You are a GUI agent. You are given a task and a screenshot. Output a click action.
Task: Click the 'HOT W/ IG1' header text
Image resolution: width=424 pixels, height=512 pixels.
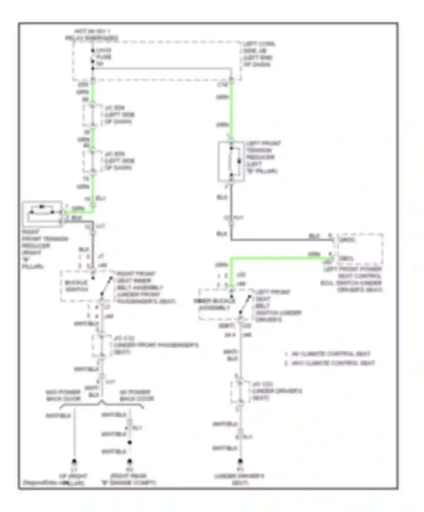(x=92, y=31)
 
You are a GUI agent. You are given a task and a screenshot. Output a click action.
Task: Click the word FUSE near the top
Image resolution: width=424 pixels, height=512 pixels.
(x=104, y=57)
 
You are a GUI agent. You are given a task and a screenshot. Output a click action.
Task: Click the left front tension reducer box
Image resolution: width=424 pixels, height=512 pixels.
(x=231, y=161)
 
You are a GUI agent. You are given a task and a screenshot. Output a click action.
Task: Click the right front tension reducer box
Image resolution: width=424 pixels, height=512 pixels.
(x=42, y=214)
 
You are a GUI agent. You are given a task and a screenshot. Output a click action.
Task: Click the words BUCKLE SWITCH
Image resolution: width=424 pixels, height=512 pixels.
(x=76, y=286)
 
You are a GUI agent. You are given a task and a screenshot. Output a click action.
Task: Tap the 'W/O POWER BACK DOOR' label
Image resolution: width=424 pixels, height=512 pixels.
(x=63, y=395)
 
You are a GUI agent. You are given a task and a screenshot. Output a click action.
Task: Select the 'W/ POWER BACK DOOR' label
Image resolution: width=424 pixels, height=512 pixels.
(x=137, y=395)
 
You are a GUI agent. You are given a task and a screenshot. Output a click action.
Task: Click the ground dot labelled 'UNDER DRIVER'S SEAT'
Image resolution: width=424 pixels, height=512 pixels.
(x=240, y=461)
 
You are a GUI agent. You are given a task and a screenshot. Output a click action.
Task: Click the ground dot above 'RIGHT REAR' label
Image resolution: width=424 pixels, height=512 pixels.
(x=129, y=461)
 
